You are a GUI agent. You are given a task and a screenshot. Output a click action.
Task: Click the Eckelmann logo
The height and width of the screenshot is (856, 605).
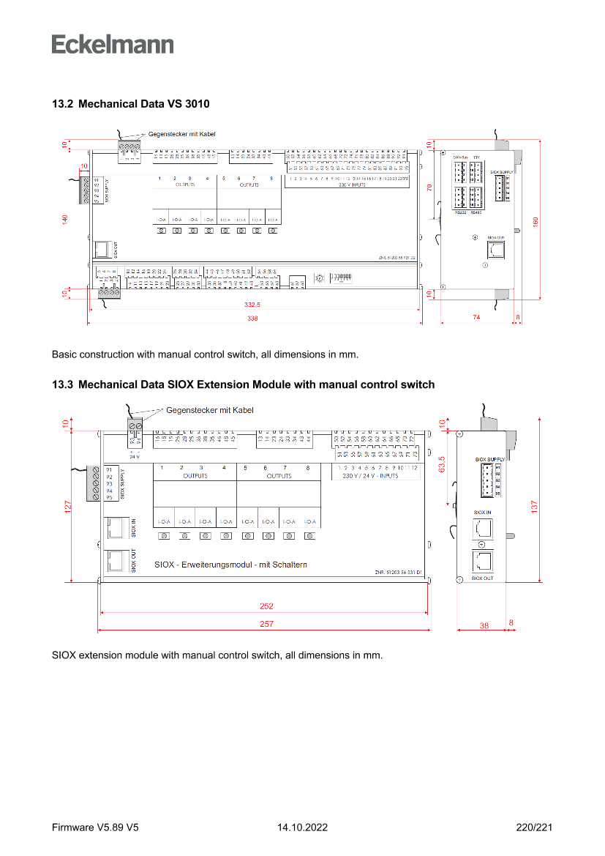coord(113,44)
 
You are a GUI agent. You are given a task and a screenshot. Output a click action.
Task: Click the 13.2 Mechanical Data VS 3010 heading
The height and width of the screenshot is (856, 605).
coord(130,104)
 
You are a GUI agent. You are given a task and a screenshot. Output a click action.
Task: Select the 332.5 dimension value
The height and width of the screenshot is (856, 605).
coord(252,304)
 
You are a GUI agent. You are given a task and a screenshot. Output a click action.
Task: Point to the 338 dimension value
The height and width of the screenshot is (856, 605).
coord(252,319)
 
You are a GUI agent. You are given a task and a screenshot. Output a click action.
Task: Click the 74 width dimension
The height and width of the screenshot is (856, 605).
coord(476,317)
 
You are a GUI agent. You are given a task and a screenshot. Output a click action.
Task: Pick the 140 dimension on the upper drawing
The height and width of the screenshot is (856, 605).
coord(65,220)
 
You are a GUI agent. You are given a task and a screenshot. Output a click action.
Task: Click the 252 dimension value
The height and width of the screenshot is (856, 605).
coord(266,606)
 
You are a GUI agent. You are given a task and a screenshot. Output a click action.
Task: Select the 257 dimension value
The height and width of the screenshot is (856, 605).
coord(266,624)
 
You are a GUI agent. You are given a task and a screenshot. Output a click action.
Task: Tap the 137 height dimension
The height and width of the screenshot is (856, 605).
coord(535,506)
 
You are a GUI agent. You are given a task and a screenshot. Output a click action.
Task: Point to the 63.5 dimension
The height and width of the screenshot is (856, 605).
coord(441,464)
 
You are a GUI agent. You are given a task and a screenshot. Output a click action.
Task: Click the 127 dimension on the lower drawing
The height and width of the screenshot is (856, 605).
coord(68,506)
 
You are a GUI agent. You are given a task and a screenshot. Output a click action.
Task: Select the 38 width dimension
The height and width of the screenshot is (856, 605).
coord(484,625)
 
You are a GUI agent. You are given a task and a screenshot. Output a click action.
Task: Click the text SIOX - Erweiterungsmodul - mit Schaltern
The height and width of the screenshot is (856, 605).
coord(230,565)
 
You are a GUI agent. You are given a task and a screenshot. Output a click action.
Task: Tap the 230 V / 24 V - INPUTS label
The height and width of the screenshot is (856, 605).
coord(370,475)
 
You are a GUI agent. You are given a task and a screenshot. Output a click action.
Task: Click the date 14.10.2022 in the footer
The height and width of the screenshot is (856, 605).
coord(302,827)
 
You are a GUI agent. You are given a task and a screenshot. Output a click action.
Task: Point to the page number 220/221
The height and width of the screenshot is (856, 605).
coord(534,827)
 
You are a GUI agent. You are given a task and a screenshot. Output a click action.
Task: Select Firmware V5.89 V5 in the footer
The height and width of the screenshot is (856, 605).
coord(95,827)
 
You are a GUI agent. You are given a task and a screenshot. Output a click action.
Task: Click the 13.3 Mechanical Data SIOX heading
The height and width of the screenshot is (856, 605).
coord(243,384)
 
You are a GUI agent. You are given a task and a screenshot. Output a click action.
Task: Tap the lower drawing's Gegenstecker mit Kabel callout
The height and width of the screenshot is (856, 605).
coord(210,410)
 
